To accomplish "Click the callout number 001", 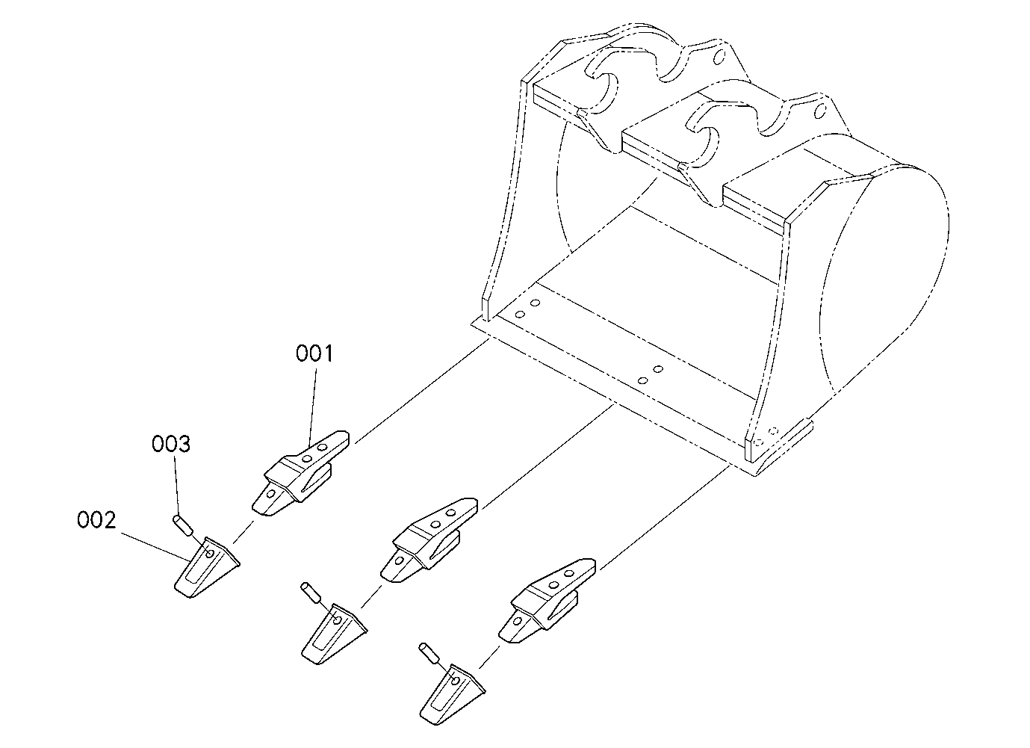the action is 314,353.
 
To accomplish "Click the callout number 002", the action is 96,520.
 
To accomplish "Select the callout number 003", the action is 171,445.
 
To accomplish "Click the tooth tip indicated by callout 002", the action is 207,567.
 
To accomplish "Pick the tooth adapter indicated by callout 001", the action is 300,473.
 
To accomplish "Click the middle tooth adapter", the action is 429,540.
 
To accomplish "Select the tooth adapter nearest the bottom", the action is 547,600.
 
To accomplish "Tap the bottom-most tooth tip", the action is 453,695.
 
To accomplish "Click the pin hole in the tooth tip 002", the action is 210,554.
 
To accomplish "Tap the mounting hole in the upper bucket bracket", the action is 719,57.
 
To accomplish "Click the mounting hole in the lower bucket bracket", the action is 820,111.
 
